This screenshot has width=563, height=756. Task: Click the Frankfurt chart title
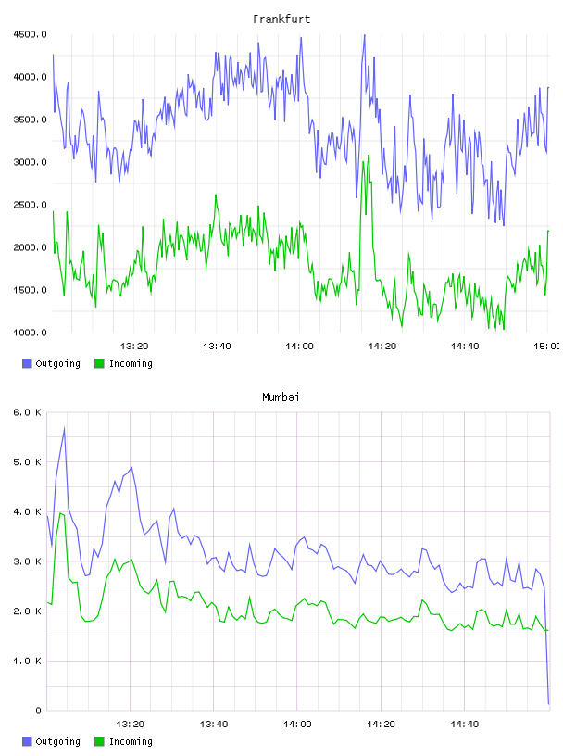(x=281, y=19)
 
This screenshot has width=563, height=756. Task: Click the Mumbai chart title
(x=281, y=397)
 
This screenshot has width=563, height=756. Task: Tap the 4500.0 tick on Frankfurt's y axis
(x=30, y=34)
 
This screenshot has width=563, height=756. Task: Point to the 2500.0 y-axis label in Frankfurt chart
(x=30, y=205)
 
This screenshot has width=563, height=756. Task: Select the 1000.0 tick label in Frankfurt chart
(x=30, y=333)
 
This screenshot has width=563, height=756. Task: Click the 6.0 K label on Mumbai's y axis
(x=28, y=412)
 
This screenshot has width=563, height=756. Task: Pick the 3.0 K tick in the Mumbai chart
(x=28, y=561)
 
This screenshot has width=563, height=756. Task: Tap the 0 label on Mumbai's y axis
(x=38, y=711)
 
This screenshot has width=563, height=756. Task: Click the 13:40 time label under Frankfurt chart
(x=217, y=346)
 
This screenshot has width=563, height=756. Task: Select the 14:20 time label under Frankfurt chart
(x=382, y=346)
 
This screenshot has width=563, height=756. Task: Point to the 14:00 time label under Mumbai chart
(x=297, y=724)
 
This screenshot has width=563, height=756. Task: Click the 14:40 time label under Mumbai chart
(x=465, y=724)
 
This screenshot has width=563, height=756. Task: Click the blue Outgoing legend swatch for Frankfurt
(x=27, y=363)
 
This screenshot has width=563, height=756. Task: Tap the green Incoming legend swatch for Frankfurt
(x=99, y=363)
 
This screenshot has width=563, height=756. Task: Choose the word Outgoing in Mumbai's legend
(x=57, y=741)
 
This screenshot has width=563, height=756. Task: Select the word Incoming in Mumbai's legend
(x=131, y=741)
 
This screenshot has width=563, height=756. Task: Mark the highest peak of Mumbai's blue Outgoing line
(x=64, y=428)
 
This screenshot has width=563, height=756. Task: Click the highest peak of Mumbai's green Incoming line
(x=60, y=513)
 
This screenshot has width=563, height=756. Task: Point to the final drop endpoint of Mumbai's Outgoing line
(x=548, y=704)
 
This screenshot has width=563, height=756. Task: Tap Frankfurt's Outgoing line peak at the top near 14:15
(x=365, y=35)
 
